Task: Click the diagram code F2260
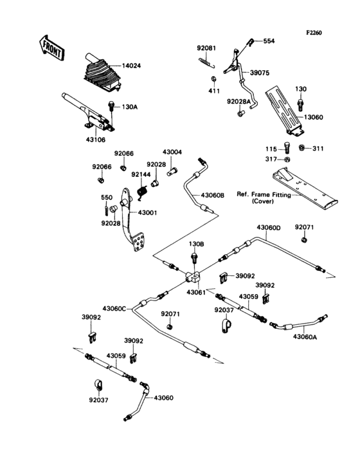pyautogui.click(x=314, y=32)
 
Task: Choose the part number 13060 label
pyautogui.click(x=314, y=117)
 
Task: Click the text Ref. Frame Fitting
pyautogui.click(x=264, y=194)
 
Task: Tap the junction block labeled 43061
pyautogui.click(x=192, y=278)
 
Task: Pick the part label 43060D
pyautogui.click(x=269, y=228)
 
